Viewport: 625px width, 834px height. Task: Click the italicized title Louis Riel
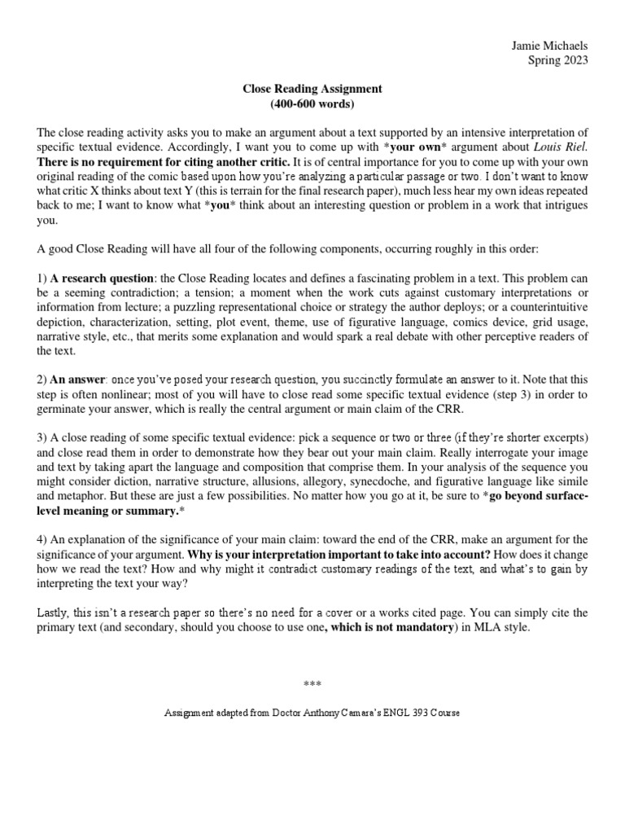[561, 147]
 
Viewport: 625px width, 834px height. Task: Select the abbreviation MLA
[483, 627]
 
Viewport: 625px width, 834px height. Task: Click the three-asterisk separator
[312, 684]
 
